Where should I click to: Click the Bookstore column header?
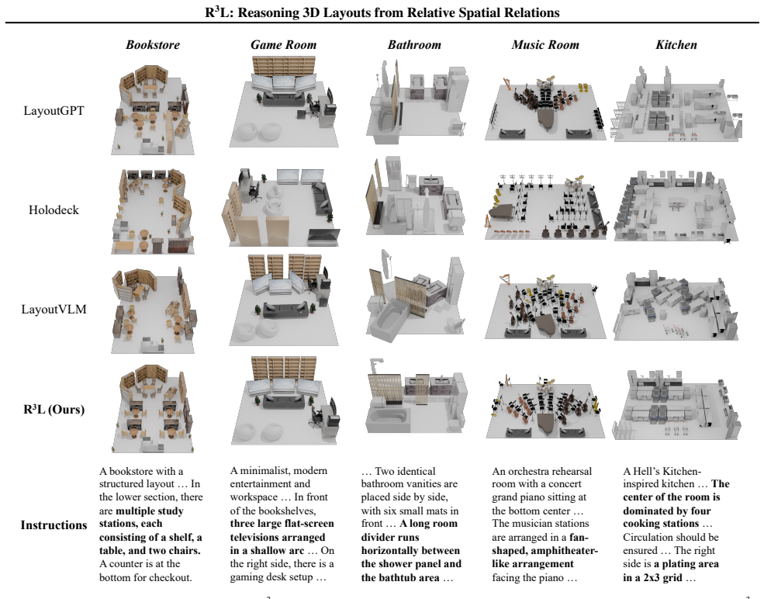point(153,45)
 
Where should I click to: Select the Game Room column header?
point(284,45)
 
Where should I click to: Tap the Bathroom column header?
point(414,45)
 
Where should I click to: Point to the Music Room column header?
point(545,45)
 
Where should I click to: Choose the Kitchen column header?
point(676,45)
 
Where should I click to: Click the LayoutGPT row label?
point(54,111)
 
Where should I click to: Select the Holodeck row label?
point(54,210)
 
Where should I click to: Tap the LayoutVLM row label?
point(54,310)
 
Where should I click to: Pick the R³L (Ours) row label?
point(54,409)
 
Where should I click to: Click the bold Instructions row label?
point(54,525)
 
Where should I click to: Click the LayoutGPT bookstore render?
point(153,110)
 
